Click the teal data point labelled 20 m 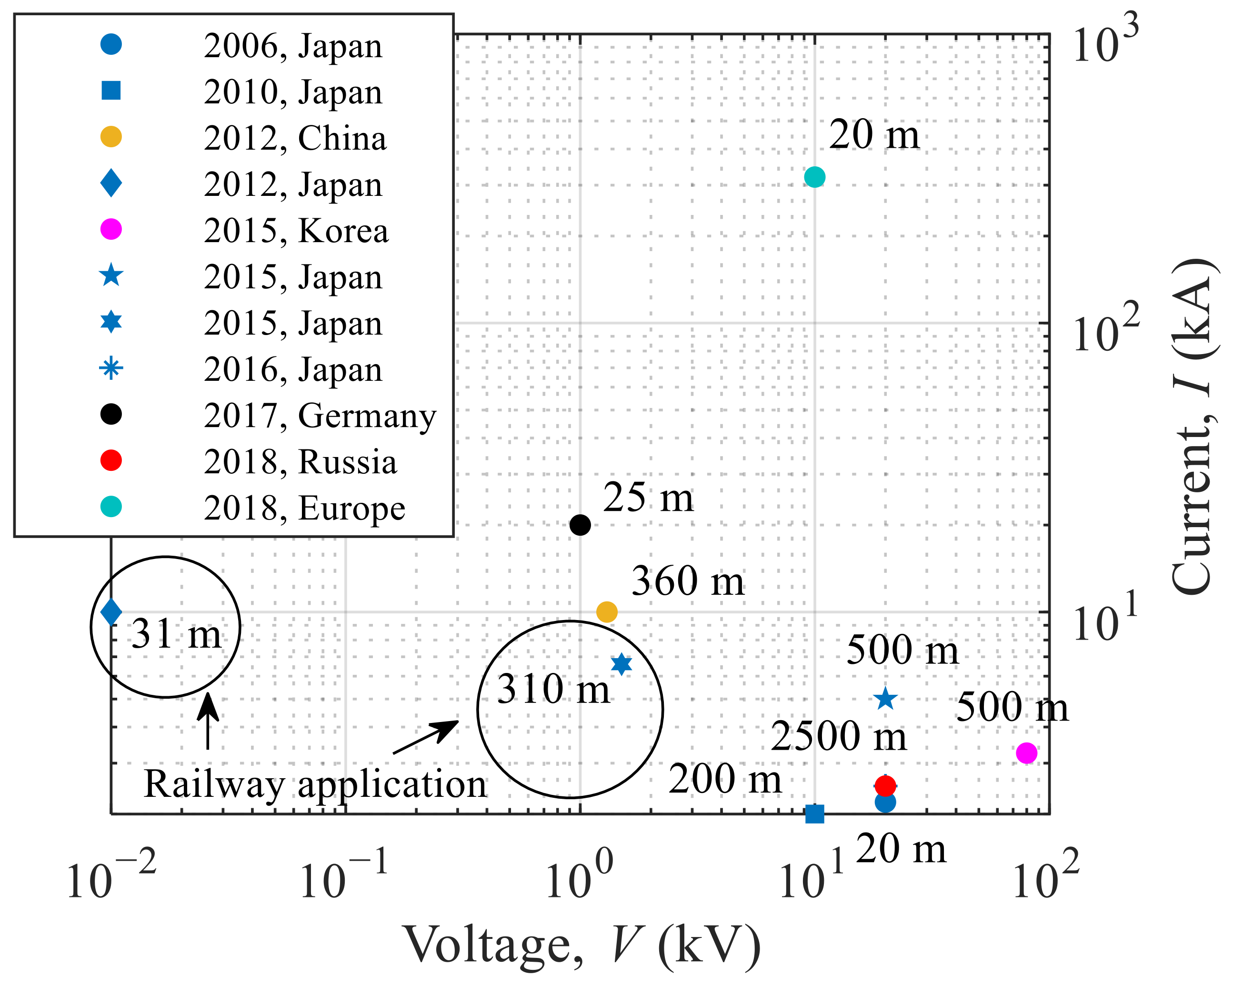(x=814, y=177)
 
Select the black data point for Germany (x=581, y=524)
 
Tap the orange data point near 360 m (x=607, y=611)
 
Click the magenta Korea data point (x=1026, y=753)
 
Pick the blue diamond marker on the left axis (x=111, y=611)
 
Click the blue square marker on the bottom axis (x=814, y=814)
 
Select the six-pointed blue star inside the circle (x=622, y=664)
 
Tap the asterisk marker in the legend (x=111, y=368)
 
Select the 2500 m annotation (x=838, y=736)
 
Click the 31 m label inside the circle (x=176, y=634)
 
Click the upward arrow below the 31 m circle (x=208, y=722)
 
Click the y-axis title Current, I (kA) (x=1191, y=426)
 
